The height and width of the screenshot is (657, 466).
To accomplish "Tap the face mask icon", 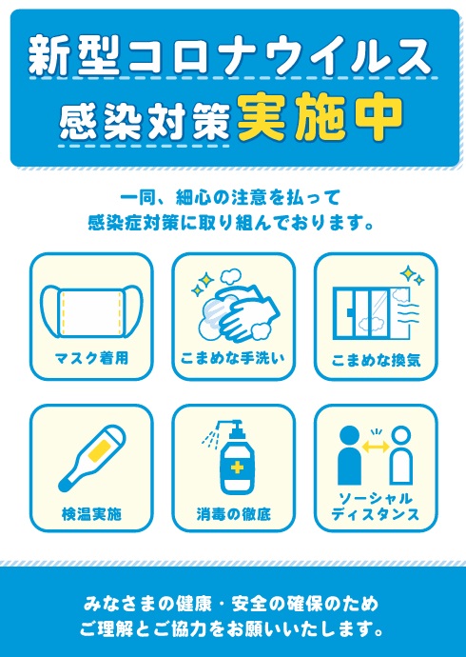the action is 91,311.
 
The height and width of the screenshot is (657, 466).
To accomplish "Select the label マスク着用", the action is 91,359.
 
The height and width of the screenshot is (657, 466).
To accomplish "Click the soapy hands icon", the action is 236,308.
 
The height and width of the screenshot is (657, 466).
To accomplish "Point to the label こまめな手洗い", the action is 233,359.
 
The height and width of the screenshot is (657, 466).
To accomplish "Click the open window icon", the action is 371,312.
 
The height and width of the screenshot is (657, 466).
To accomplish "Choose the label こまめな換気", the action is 376,360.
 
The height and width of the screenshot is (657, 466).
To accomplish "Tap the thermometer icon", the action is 91,458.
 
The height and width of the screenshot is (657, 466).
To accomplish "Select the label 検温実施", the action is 91,513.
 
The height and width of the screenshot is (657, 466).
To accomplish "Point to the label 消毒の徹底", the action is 233,513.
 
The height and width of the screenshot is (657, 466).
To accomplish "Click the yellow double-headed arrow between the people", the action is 376,448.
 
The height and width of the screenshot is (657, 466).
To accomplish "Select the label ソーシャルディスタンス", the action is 376,507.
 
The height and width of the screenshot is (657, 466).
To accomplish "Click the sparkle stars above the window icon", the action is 412,275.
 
